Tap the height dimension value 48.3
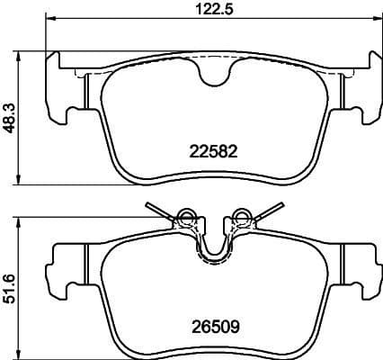point(9,117)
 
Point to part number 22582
point(214,151)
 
